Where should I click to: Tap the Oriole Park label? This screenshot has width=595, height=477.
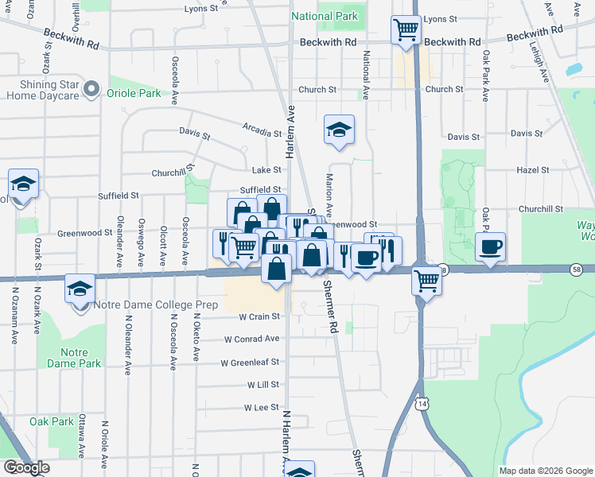tap(134, 94)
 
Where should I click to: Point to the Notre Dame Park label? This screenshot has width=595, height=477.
tap(81, 357)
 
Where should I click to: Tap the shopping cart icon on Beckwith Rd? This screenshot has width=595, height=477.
tap(406, 30)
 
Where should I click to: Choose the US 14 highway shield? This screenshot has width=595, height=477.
tap(420, 405)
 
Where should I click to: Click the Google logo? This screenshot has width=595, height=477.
tap(25, 468)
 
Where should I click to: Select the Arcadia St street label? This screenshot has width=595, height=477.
tap(262, 128)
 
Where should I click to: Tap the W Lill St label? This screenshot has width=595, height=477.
tap(262, 385)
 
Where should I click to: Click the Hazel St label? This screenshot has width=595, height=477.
tap(533, 170)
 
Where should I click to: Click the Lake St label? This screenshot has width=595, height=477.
tap(266, 170)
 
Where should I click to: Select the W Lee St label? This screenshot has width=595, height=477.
tap(262, 408)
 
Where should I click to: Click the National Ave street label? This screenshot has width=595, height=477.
tap(366, 76)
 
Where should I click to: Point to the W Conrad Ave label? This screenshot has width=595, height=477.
tap(251, 339)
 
